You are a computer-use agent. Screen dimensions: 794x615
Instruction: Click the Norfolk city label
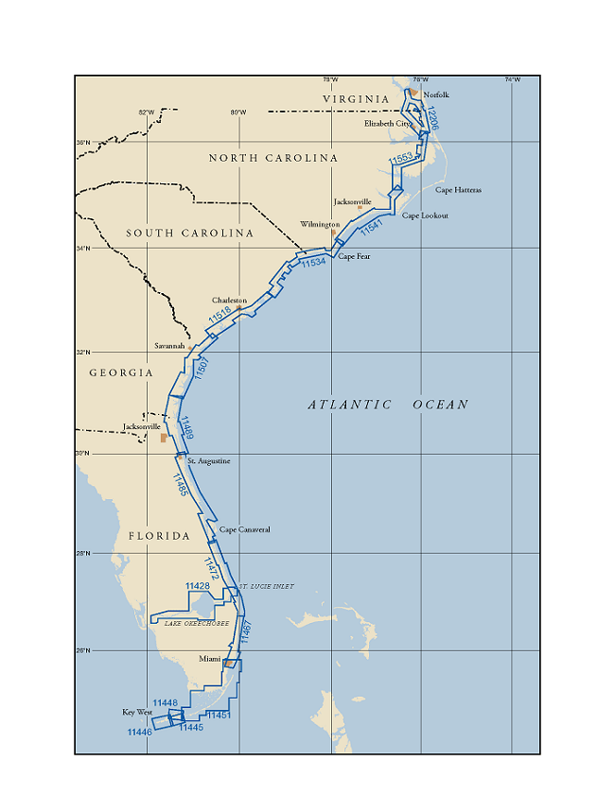click(x=436, y=95)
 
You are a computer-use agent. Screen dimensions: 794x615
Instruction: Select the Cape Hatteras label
click(x=458, y=190)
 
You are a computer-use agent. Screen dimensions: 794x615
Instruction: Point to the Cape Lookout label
click(x=425, y=216)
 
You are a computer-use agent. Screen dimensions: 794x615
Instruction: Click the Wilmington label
click(x=320, y=225)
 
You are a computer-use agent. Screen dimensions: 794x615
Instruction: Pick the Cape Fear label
click(x=354, y=256)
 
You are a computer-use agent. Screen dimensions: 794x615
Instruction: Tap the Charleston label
click(x=229, y=301)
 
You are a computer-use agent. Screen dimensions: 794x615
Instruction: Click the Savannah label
click(x=170, y=346)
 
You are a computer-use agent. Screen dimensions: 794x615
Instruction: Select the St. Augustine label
click(x=208, y=461)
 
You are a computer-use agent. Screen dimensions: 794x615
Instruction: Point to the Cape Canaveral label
click(x=244, y=529)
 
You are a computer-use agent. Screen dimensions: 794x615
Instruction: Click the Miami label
click(x=209, y=658)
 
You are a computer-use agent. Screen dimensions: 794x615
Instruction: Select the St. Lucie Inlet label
click(x=266, y=587)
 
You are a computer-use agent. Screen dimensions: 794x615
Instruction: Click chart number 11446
click(x=139, y=732)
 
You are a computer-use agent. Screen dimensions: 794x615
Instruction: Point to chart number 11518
click(x=220, y=316)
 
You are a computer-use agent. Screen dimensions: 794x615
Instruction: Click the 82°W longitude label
click(x=146, y=112)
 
